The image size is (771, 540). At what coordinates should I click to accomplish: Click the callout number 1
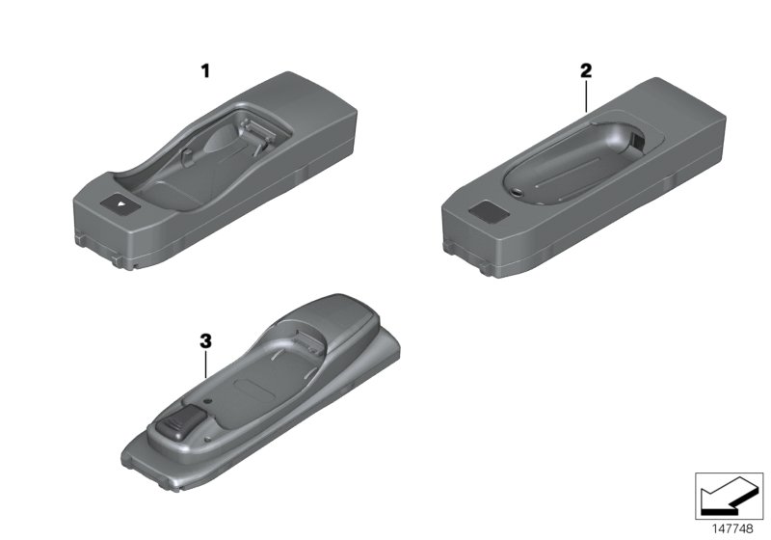tap(204, 70)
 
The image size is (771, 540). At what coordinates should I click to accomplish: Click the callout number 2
tap(586, 70)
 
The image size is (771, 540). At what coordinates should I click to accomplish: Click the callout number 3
tap(204, 341)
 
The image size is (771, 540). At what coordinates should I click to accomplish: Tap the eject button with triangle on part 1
tap(116, 203)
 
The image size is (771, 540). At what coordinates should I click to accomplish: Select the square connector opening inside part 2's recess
tap(638, 141)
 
